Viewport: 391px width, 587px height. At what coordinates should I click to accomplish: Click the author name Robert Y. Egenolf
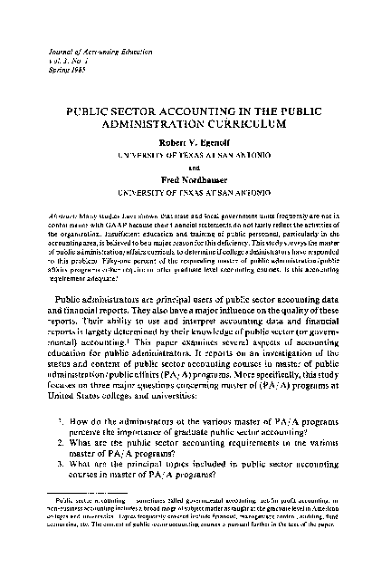195,142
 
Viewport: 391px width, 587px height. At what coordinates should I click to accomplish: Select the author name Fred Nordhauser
195,179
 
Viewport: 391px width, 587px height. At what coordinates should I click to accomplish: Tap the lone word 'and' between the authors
195,167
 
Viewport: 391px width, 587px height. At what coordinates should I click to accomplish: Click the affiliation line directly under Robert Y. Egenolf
195,154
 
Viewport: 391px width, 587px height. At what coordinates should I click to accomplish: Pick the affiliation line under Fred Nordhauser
195,191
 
